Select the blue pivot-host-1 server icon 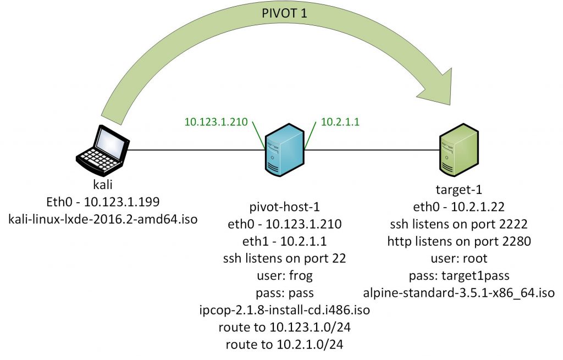[x=284, y=152]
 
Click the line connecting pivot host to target [x=374, y=149]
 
